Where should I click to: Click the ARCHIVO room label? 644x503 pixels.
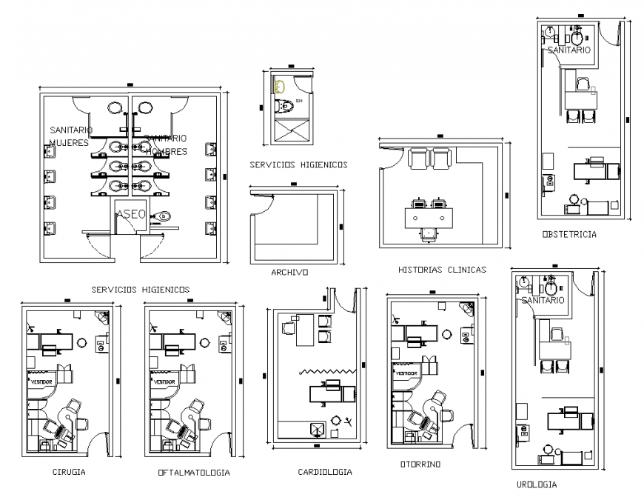(x=289, y=272)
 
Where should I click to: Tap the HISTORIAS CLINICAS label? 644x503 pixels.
(x=441, y=270)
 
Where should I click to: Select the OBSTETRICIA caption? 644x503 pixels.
(x=568, y=234)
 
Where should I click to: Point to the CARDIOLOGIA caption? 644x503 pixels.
(x=324, y=471)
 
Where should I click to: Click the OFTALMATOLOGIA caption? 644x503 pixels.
(x=193, y=472)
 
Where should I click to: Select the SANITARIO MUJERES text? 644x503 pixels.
(x=69, y=136)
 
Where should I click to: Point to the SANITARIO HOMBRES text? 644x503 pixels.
(x=166, y=144)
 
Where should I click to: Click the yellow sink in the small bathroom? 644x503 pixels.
(x=280, y=87)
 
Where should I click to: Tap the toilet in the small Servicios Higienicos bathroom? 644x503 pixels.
(x=285, y=107)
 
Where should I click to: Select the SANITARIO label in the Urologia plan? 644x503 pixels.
(x=543, y=300)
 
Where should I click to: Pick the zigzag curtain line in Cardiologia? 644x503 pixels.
(x=328, y=371)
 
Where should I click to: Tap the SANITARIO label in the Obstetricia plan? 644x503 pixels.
(x=568, y=50)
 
